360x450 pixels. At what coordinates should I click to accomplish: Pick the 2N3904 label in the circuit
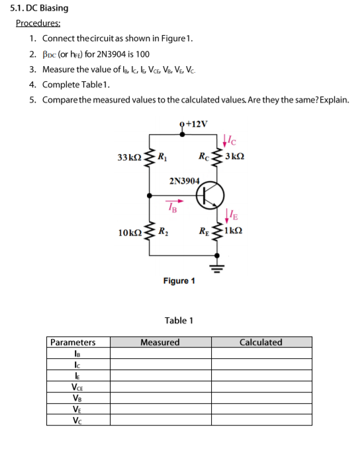184,180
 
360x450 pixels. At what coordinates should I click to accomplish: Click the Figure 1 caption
179,281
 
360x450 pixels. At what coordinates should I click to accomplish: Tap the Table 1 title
179,320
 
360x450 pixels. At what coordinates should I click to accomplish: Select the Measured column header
160,342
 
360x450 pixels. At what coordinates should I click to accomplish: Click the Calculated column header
261,342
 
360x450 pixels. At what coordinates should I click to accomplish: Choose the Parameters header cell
73,342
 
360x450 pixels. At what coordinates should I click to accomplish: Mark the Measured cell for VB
160,398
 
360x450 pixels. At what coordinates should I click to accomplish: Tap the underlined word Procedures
38,23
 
